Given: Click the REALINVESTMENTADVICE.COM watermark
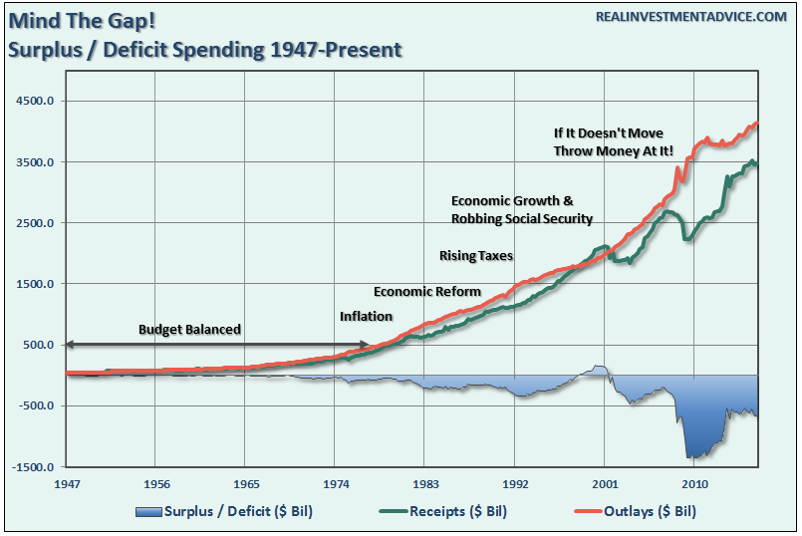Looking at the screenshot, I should [691, 17].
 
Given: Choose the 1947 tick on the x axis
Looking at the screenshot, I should [67, 483].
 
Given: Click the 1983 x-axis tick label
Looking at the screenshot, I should [424, 483].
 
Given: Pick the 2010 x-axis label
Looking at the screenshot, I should [693, 483].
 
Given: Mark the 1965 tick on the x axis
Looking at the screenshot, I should [246, 483].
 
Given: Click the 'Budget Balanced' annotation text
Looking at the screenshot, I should [189, 329].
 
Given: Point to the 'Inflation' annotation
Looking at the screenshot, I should [366, 317].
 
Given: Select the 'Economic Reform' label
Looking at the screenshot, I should [427, 292].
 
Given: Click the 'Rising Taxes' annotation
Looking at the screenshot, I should [476, 256].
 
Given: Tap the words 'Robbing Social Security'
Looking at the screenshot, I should [521, 219].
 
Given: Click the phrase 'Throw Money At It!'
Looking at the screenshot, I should [614, 150].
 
